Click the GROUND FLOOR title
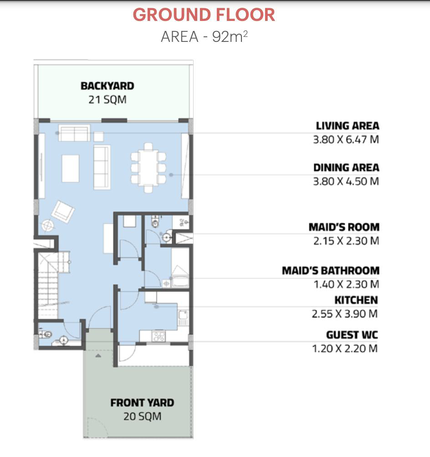click(204, 15)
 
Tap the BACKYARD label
click(107, 86)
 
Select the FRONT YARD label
click(143, 403)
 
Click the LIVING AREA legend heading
click(348, 126)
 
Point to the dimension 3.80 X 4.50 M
click(346, 181)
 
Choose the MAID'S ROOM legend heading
click(344, 227)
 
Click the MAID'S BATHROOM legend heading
click(331, 270)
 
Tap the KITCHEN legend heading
click(356, 300)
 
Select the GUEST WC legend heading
click(352, 335)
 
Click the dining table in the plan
click(148, 168)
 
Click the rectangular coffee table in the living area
click(70, 168)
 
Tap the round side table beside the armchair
click(47, 225)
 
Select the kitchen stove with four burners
click(159, 336)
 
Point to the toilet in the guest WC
click(46, 334)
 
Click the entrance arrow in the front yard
click(98, 355)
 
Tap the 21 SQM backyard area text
click(107, 100)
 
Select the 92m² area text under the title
click(230, 37)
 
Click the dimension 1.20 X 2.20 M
click(345, 349)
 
